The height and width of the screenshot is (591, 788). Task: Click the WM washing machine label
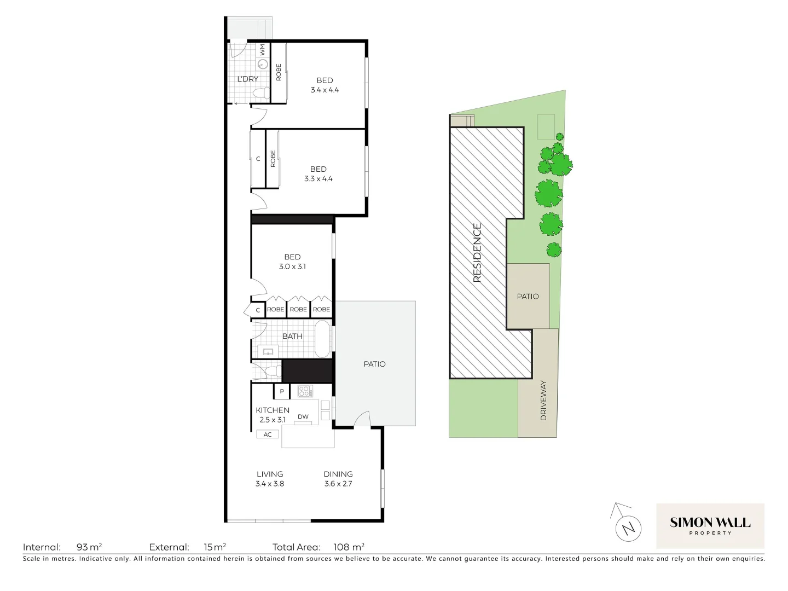coord(262,50)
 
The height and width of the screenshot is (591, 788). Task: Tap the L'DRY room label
coord(247,79)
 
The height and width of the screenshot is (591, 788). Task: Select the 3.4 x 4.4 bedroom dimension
coord(325,90)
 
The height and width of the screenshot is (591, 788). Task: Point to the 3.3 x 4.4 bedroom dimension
coord(318,178)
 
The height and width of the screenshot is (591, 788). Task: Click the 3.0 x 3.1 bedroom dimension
coord(292,266)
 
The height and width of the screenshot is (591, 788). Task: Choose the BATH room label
coord(292,336)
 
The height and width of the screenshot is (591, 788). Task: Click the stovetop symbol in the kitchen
coord(304,391)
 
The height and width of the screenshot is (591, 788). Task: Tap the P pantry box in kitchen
coord(281,391)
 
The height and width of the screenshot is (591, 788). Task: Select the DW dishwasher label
coord(303,416)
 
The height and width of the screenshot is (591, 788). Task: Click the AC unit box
coord(268,434)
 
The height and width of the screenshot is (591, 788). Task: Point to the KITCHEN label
coord(273,410)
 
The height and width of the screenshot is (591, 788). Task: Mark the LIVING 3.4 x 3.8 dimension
coord(270,484)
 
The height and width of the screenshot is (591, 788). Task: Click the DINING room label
coord(338,474)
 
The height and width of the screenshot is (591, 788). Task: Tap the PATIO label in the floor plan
coord(374,364)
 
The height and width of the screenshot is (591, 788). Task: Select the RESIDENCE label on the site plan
coord(477,253)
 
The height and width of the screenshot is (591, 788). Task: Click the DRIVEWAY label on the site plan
coord(543,401)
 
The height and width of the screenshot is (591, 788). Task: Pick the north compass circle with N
coord(628,529)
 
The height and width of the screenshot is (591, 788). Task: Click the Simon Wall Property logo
coord(710,525)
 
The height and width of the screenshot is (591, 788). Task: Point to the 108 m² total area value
coord(349,547)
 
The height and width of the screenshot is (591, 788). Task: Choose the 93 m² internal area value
coord(89,547)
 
